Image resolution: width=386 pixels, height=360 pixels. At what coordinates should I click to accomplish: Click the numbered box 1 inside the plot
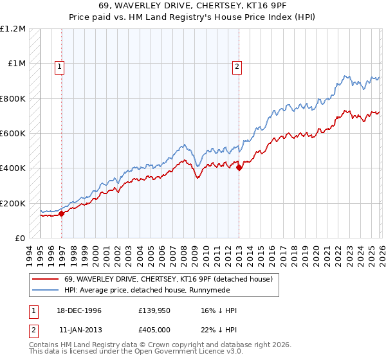(59, 66)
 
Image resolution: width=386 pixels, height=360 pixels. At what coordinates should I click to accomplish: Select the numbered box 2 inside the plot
(237, 66)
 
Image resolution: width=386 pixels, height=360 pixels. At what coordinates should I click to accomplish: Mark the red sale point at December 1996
(62, 214)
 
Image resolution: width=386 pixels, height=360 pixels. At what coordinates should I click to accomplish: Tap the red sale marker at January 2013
(239, 168)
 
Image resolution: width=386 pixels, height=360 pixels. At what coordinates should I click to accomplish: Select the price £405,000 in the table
(155, 328)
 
